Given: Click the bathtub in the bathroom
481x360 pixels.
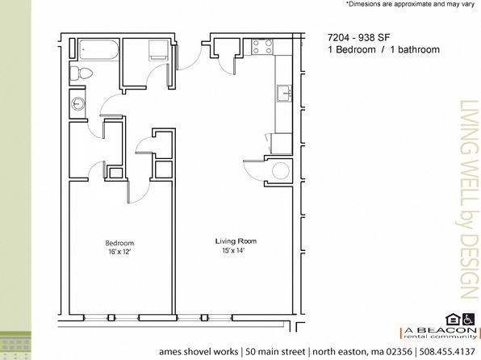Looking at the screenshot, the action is tap(98, 49).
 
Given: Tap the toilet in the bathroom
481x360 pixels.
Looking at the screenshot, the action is tap(82, 73).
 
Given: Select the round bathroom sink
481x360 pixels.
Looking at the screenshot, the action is tap(78, 104).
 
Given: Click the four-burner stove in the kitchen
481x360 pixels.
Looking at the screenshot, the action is tap(262, 47).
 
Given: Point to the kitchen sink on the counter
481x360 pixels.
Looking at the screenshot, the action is tap(284, 94).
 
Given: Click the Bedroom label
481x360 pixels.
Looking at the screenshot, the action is tap(119, 243).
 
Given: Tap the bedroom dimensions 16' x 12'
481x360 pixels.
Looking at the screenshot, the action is tap(119, 252).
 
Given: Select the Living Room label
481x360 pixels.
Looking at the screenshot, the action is tap(236, 241).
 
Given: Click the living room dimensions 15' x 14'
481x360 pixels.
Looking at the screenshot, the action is tap(234, 250).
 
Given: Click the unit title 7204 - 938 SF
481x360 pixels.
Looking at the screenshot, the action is tap(358, 38).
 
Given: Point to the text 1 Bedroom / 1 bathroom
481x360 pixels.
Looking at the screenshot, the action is tap(383, 49).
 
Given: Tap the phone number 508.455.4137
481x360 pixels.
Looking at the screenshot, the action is tap(447, 351).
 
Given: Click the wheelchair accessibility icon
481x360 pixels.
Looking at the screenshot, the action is tap(468, 319).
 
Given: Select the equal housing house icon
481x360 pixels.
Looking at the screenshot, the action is tap(453, 319).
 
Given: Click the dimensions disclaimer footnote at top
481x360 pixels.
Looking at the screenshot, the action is tap(411, 4).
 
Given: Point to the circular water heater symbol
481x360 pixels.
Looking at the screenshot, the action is tap(281, 171).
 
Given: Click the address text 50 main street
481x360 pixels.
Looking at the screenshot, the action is tap(275, 351).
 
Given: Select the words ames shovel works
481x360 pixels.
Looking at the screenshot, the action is tap(199, 351).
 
